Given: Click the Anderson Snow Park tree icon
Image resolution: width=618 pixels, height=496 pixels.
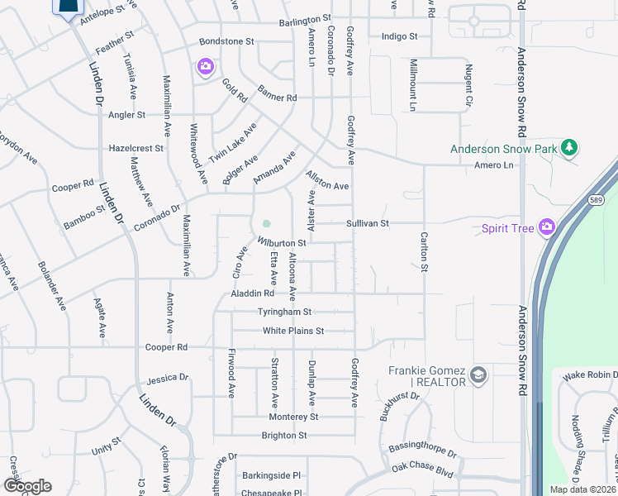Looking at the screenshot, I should pyautogui.click(x=568, y=148).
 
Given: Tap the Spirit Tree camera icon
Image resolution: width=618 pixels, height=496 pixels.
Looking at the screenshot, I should pyautogui.click(x=546, y=227).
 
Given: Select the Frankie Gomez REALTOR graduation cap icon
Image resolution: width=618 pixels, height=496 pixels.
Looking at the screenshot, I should pyautogui.click(x=478, y=377).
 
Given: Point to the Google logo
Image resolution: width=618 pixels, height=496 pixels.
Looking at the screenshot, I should pyautogui.click(x=27, y=486).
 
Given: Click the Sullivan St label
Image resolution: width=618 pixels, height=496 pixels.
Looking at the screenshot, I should pyautogui.click(x=367, y=223).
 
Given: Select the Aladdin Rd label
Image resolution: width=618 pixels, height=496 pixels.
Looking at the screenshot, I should pyautogui.click(x=252, y=293).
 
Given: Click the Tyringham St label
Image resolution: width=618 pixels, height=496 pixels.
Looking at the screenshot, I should pyautogui.click(x=283, y=312).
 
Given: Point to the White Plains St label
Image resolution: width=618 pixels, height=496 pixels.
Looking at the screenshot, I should pyautogui.click(x=292, y=331).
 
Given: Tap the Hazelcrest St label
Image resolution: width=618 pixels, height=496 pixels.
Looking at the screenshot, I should pyautogui.click(x=136, y=148).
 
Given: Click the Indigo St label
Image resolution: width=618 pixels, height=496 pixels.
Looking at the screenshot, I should pyautogui.click(x=400, y=36).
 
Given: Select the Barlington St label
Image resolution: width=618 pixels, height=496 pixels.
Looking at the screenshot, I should pyautogui.click(x=305, y=18).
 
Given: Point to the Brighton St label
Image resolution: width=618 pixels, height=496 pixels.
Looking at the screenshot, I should pyautogui.click(x=284, y=436).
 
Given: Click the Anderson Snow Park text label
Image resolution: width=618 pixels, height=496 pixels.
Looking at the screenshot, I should pyautogui.click(x=503, y=150).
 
